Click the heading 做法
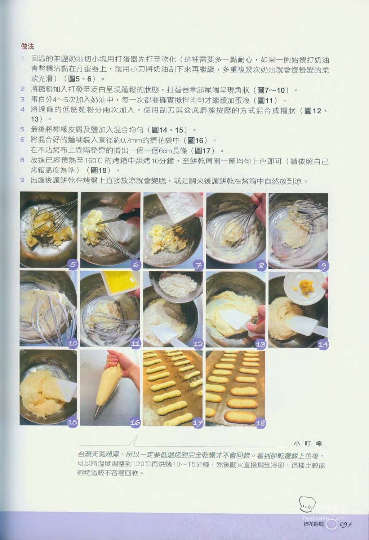tap(27, 47)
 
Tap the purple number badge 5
tap(73, 265)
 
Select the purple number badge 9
tap(324, 266)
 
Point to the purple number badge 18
tap(260, 422)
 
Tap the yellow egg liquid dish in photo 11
tap(120, 283)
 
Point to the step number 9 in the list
tap(22, 180)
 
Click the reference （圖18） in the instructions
tap(99, 171)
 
